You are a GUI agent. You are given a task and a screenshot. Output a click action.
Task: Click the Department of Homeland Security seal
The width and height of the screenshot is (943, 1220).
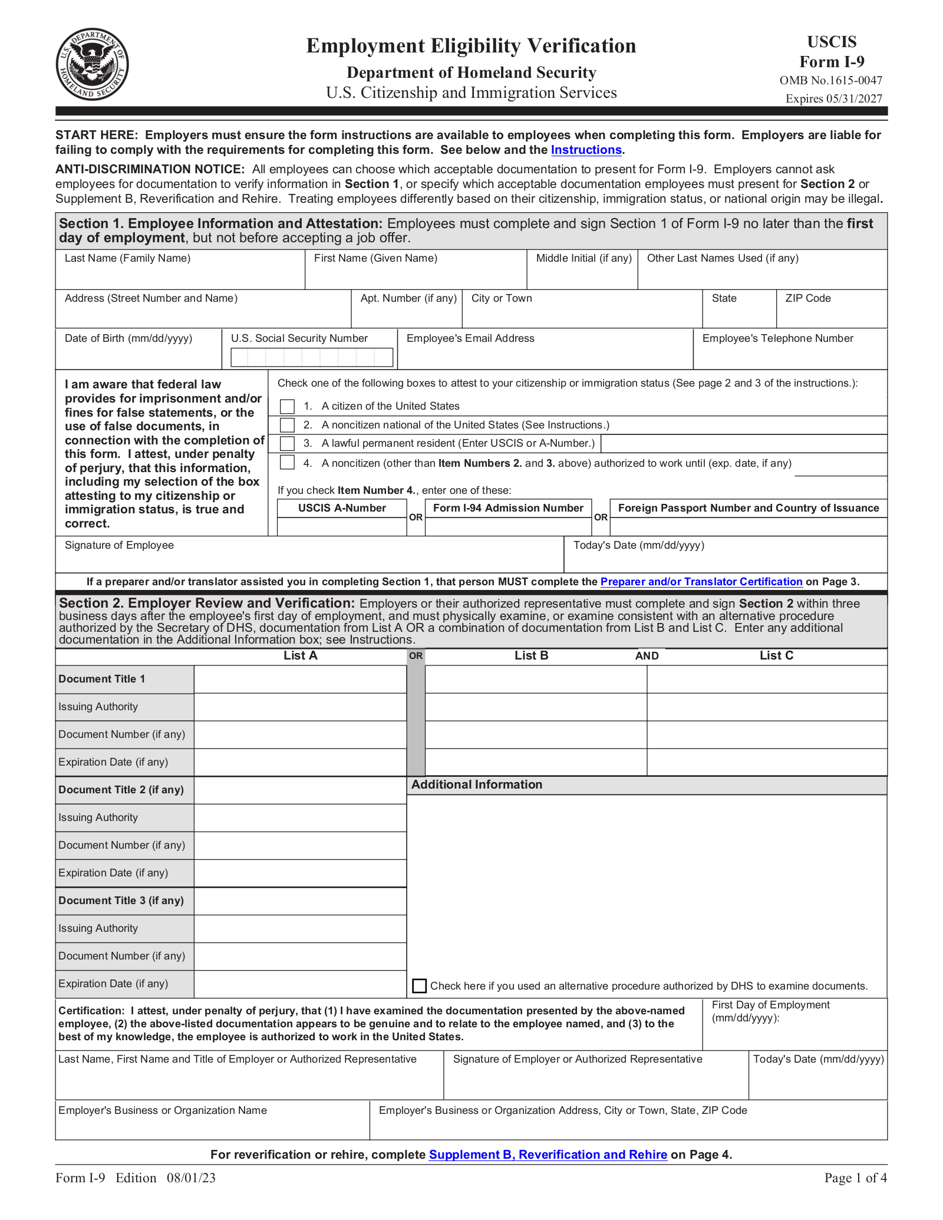[x=92, y=64]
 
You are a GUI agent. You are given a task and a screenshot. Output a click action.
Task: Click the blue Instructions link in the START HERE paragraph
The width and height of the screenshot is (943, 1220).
[x=586, y=150]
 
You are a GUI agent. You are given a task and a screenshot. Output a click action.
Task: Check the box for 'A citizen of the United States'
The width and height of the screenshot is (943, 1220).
[x=287, y=406]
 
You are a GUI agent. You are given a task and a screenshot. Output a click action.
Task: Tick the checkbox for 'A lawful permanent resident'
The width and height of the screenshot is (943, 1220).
[x=287, y=443]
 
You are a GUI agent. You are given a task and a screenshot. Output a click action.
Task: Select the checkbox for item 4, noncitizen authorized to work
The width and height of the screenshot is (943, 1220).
[x=287, y=463]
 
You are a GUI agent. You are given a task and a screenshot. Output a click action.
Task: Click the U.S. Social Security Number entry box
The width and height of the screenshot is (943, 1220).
[x=311, y=357]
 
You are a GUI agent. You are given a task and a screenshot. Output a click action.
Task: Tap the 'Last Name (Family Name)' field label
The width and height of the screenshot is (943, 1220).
[x=127, y=258]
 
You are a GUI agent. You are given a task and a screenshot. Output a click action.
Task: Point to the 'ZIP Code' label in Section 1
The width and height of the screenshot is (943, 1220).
[x=807, y=298]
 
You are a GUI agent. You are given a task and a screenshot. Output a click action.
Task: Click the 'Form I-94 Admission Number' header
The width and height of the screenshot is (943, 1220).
[x=508, y=508]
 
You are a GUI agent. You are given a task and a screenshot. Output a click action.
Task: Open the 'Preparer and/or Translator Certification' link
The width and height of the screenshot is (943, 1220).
[x=701, y=582]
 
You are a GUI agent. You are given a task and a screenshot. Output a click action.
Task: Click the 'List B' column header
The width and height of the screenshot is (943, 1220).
[x=531, y=655]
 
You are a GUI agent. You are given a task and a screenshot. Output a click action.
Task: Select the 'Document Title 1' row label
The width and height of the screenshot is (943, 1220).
[x=101, y=679]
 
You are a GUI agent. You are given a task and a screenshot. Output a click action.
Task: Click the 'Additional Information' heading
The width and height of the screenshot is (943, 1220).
[x=476, y=784]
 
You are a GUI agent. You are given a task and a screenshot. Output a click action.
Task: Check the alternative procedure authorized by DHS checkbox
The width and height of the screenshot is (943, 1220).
[x=419, y=986]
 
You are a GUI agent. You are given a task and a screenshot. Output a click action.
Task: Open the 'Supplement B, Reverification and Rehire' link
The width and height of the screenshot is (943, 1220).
[x=548, y=1155]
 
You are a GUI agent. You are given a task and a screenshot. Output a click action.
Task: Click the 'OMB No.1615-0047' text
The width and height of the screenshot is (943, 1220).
[x=830, y=81]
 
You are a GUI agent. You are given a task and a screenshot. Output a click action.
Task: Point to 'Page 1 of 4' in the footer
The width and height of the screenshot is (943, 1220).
[x=855, y=1178]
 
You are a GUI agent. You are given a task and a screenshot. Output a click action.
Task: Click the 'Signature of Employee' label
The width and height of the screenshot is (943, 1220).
[x=119, y=545]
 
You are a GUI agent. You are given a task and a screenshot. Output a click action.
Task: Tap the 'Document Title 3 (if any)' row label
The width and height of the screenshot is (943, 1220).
[x=121, y=901]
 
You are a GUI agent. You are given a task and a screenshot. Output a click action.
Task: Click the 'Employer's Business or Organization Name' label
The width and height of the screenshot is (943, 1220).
[x=163, y=1110]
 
